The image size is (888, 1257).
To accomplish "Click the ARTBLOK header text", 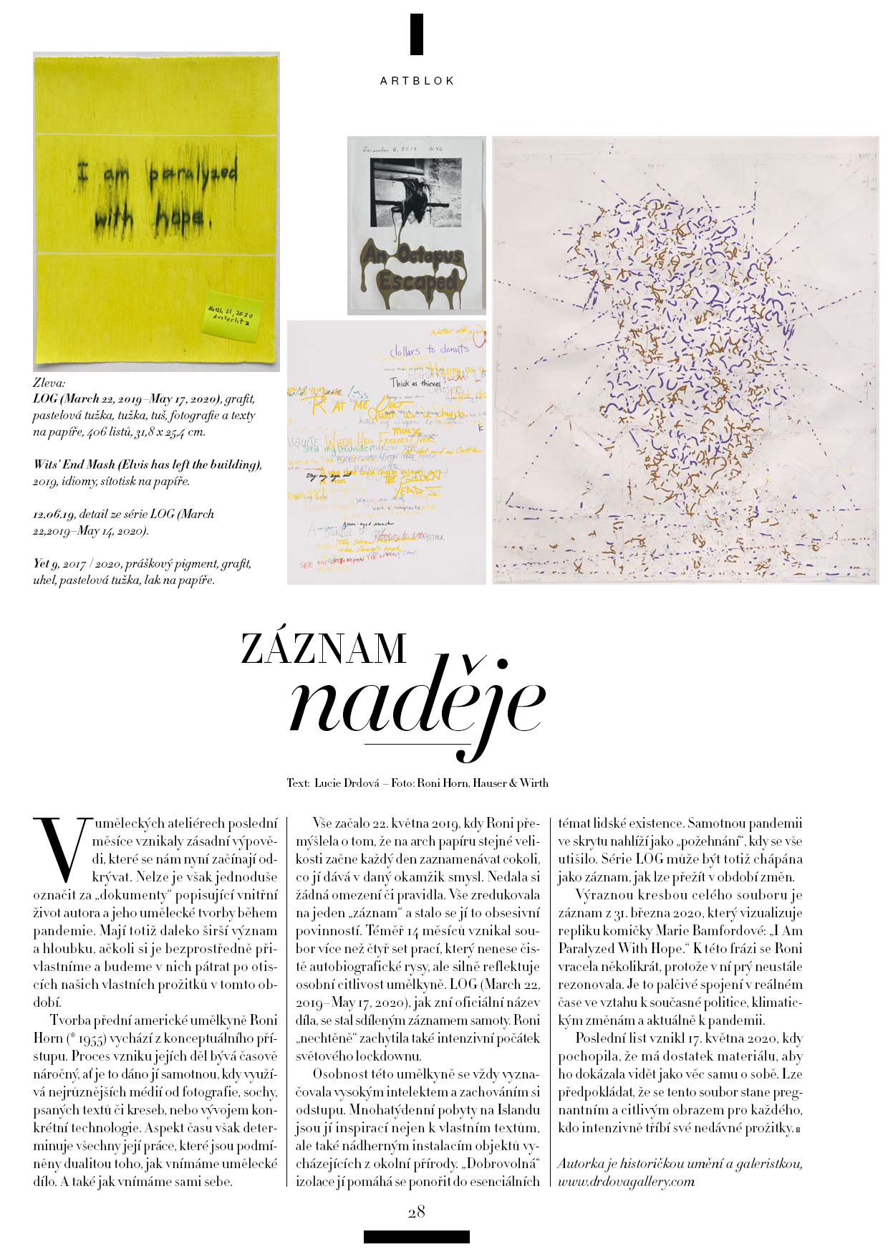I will click(x=417, y=81).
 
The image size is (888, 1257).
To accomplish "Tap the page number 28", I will click(x=416, y=1211).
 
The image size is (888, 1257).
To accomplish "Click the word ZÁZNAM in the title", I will click(x=324, y=649).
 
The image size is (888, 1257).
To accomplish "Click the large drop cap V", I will click(x=60, y=849).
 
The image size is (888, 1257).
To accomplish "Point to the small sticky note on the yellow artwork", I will click(x=229, y=315).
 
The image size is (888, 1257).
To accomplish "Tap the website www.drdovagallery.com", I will click(x=626, y=1181).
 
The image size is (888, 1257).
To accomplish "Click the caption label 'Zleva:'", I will click(x=49, y=383).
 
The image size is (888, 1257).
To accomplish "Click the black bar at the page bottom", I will click(x=416, y=1236).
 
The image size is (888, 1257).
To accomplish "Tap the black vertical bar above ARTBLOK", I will click(x=417, y=34).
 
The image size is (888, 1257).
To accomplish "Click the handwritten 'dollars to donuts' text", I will click(x=429, y=350).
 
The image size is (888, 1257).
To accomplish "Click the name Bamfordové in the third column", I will click(x=745, y=931).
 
